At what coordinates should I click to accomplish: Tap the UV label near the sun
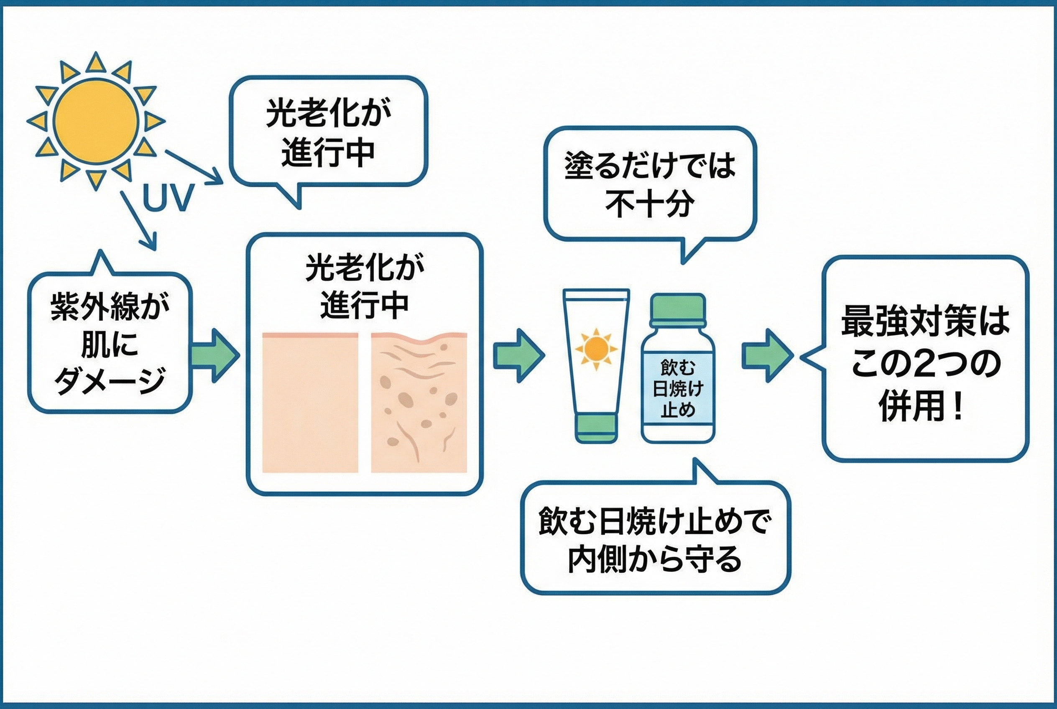pos(168,198)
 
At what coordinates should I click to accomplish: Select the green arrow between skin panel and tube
pos(518,355)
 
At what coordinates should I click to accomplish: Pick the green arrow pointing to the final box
pos(767,355)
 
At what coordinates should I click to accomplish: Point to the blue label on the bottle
pos(677,389)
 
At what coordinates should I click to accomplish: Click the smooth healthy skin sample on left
pos(310,403)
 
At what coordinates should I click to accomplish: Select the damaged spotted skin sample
pos(419,403)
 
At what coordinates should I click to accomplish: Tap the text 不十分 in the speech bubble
pos(649,204)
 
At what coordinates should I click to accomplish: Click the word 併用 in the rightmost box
pos(909,406)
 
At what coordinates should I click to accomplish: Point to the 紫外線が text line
pos(110,306)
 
